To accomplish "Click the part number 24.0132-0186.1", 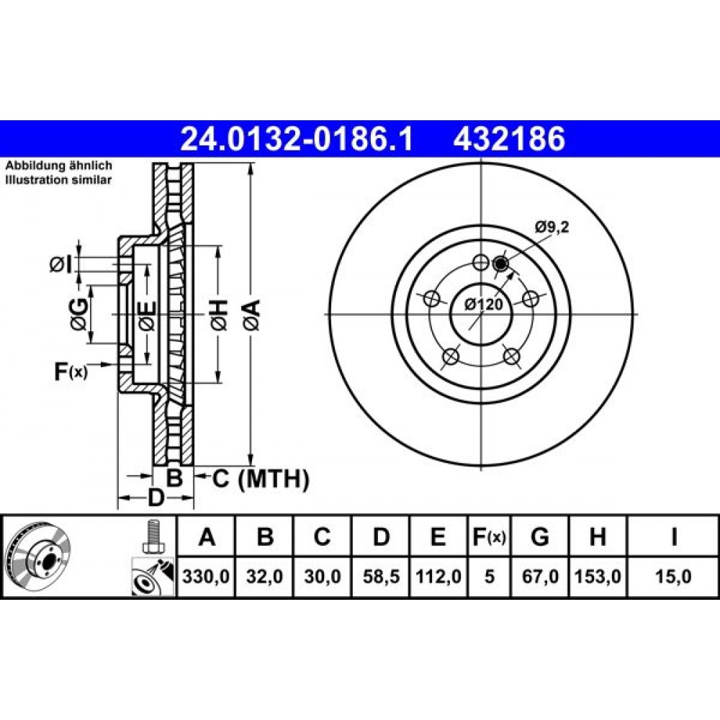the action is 297,139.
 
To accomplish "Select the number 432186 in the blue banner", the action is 509,139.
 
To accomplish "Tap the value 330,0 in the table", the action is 206,576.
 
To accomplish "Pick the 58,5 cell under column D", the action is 381,576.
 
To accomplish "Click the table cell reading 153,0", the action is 598,576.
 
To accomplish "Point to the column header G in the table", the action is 539,536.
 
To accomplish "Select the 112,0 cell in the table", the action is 438,576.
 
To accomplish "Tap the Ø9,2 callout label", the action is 552,226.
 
